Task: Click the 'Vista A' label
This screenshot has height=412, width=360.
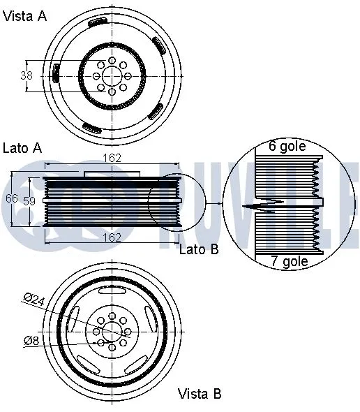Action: coord(25,16)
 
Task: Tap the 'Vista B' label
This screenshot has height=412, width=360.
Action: coord(200,394)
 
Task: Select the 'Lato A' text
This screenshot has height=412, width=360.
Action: coord(23,147)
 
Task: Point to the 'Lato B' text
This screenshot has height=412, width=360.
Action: coord(199,249)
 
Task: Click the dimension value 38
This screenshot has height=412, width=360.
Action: coord(27,75)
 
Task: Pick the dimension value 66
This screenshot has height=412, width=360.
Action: coord(12,198)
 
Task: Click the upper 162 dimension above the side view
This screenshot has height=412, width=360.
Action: coord(112,159)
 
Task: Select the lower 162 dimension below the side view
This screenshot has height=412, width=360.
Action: coord(113,238)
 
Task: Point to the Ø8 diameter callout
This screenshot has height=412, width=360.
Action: coord(31,341)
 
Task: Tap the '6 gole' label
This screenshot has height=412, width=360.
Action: coord(287,147)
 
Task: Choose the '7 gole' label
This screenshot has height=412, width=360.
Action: coord(289,262)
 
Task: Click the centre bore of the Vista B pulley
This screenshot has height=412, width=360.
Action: coord(112,331)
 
